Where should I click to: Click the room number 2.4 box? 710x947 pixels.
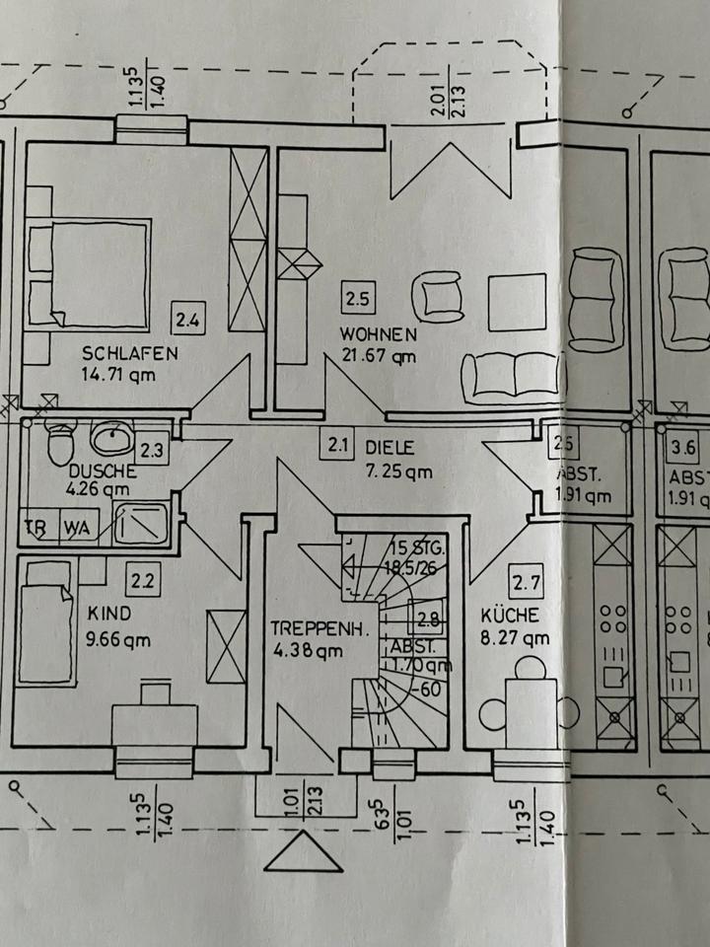pyautogui.click(x=188, y=319)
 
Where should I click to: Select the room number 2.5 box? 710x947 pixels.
pyautogui.click(x=356, y=295)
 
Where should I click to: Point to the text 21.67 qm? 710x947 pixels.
pyautogui.click(x=378, y=358)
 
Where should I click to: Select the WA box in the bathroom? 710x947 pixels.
pyautogui.click(x=77, y=528)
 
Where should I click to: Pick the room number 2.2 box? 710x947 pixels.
pyautogui.click(x=145, y=580)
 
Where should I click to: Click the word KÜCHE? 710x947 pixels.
pyautogui.click(x=510, y=615)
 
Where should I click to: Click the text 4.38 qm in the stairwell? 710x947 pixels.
pyautogui.click(x=309, y=649)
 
